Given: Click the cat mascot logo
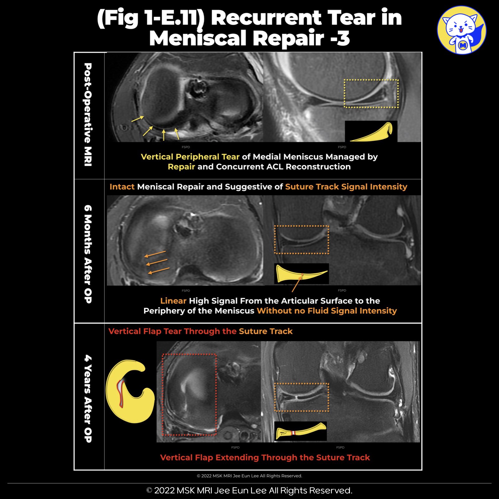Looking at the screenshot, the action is point(462,30).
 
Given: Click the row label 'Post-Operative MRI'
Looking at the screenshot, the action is point(88,115).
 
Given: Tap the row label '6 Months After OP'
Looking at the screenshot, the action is point(88,254).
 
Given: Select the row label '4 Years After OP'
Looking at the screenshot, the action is point(88,398).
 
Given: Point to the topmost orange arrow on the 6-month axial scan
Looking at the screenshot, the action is point(155,254).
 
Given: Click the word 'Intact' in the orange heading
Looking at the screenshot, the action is point(122,187).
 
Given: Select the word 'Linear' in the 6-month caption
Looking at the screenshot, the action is point(173,301).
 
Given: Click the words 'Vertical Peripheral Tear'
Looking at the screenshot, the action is point(190,157).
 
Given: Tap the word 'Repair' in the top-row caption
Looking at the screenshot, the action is point(181,167).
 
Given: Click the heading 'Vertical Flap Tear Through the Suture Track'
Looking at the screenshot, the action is point(200,331).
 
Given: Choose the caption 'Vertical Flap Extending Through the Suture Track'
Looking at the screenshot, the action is point(265,458).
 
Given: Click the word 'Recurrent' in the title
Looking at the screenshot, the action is point(266,18).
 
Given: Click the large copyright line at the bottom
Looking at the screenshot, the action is point(249,491).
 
